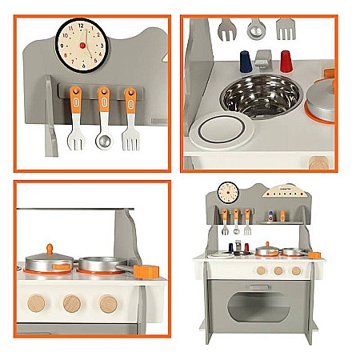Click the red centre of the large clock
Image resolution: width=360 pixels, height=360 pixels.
[x=82, y=46]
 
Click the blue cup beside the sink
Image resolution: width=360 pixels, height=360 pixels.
[x=246, y=62]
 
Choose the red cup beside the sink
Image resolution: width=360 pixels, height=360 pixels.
[x=286, y=61]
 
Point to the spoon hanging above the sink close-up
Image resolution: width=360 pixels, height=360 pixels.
[x=255, y=29]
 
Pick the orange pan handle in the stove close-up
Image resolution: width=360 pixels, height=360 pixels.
[x=146, y=271]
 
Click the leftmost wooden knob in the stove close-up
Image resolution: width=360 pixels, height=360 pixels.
[x=37, y=304]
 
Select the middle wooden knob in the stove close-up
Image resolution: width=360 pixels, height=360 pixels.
[x=72, y=304]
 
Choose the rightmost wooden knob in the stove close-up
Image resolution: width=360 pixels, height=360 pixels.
[x=107, y=304]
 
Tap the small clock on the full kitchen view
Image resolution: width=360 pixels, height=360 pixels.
[x=228, y=192]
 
